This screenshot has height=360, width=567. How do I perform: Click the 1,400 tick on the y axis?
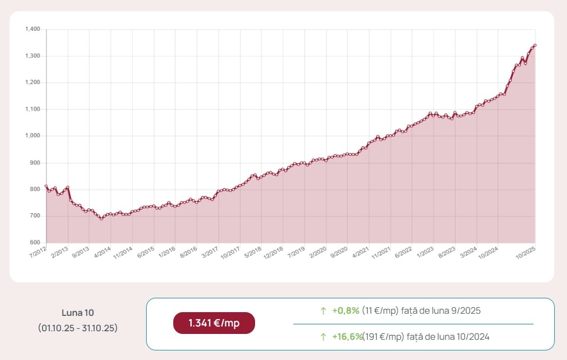[32, 29]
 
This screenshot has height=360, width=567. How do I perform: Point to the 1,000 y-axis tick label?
[32, 136]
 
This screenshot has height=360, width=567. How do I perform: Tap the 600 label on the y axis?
[35, 243]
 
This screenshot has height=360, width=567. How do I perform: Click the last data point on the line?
[535, 45]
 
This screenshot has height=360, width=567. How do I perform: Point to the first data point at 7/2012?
[46, 186]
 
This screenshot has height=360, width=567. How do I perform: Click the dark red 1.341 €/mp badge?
[214, 323]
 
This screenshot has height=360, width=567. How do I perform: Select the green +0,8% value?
[346, 311]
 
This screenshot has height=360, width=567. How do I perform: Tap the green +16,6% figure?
[348, 336]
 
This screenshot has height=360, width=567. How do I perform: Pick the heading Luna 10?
[78, 313]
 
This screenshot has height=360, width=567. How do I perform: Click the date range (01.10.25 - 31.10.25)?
[78, 328]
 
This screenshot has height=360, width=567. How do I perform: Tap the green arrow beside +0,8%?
[323, 311]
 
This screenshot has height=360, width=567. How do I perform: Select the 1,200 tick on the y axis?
[32, 82]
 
